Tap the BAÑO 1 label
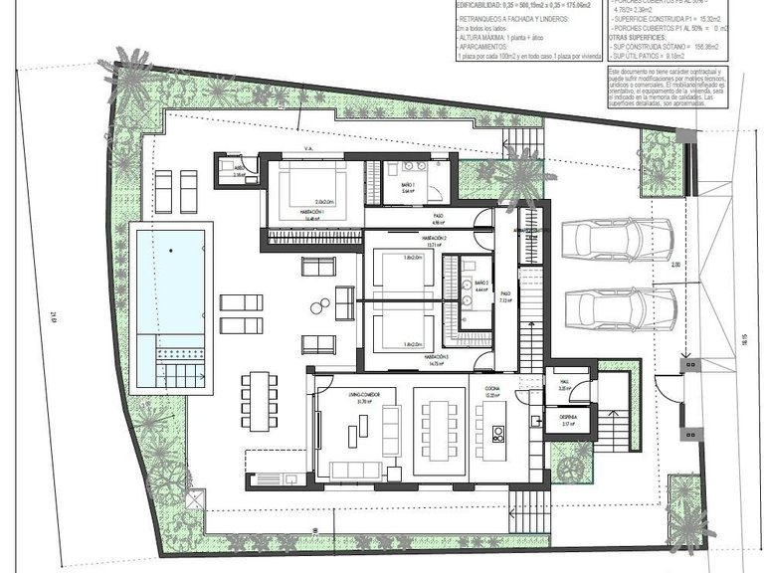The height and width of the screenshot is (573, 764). (x=410, y=186)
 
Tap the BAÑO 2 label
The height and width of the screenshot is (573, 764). (x=482, y=284)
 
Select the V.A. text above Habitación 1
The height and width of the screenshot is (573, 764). (x=308, y=152)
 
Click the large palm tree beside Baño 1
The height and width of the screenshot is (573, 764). (x=516, y=175)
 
